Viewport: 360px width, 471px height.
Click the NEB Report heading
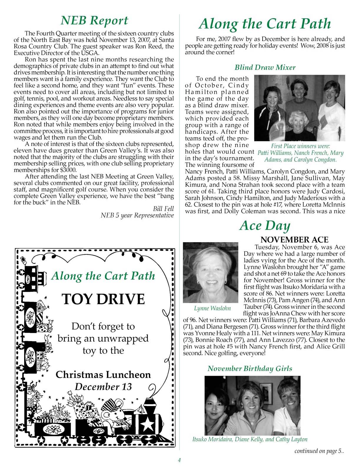coord(94,20)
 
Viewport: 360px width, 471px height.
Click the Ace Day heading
coord(265,225)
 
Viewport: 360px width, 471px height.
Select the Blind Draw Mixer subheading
coord(265,67)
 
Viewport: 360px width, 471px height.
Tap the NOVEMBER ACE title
coord(294,240)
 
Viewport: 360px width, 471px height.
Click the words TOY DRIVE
coord(103,299)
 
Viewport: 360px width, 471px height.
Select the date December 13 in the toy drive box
coord(103,387)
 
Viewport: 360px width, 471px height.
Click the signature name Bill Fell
coord(163,209)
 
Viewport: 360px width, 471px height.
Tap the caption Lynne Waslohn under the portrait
coord(212,308)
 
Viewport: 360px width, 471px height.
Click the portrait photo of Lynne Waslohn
coord(210,273)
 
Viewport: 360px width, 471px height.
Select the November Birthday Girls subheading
coord(250,368)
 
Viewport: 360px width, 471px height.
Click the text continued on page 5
coord(319,451)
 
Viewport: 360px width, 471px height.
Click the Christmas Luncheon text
coord(103,374)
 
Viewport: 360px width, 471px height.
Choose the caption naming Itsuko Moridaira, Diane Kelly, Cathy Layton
coord(250,439)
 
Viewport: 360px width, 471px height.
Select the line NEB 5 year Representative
coord(137,215)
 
